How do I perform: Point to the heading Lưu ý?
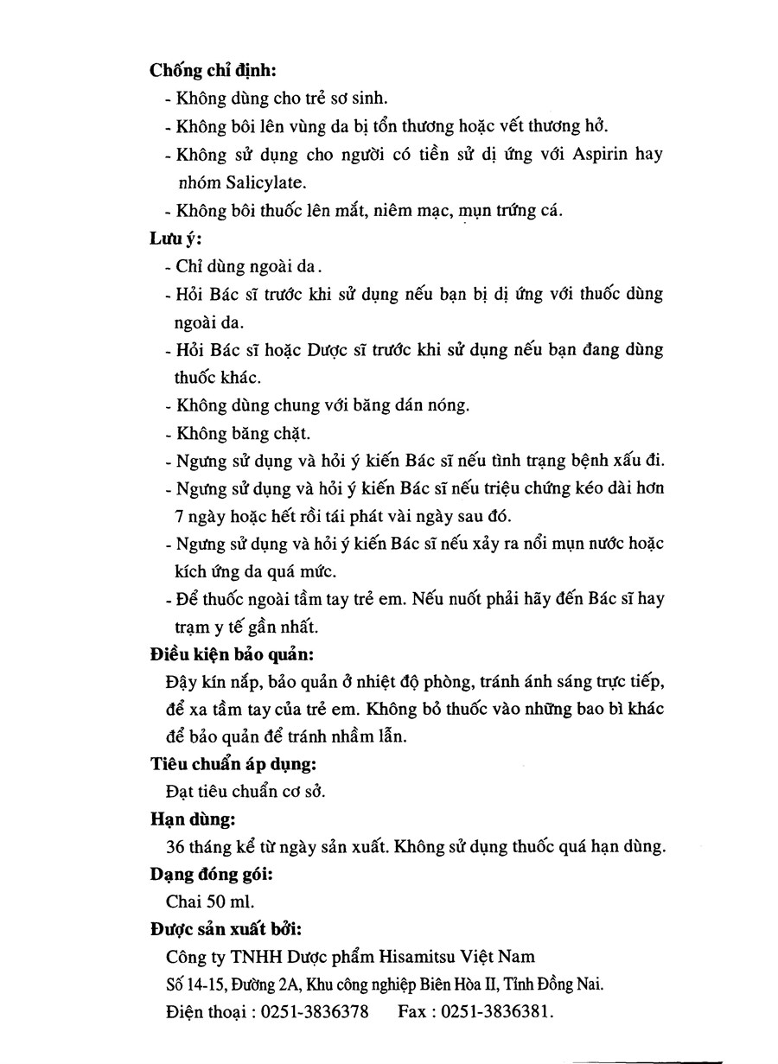pos(175,239)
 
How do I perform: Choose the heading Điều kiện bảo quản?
pos(232,653)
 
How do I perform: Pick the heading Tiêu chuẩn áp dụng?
pos(233,764)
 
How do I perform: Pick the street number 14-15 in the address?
pos(202,984)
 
